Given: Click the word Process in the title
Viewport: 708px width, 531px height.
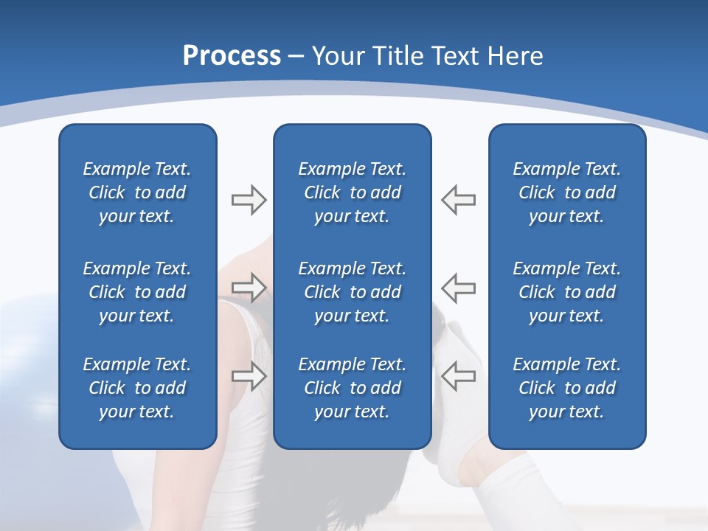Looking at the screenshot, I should pyautogui.click(x=232, y=56).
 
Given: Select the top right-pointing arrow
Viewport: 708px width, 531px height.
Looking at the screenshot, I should pyautogui.click(x=249, y=200).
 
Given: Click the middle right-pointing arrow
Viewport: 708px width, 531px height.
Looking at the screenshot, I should pyautogui.click(x=249, y=288).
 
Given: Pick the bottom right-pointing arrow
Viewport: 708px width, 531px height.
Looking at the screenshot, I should pyautogui.click(x=249, y=375).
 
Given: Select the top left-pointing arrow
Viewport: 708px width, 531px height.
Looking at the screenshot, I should pyautogui.click(x=458, y=200).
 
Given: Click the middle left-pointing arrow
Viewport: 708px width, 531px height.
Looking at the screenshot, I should pyautogui.click(x=458, y=288).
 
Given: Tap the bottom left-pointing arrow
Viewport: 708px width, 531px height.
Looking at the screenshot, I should pyautogui.click(x=458, y=375).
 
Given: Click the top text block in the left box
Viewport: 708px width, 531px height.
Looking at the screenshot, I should pyautogui.click(x=137, y=192).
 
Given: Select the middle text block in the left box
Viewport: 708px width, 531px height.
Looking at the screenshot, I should pyautogui.click(x=137, y=292).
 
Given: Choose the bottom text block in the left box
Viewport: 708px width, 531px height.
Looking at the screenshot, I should pyautogui.click(x=137, y=388).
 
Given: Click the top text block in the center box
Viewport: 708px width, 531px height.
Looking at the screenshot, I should pyautogui.click(x=352, y=192).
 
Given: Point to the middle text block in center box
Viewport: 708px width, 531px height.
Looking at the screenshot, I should pyautogui.click(x=352, y=292).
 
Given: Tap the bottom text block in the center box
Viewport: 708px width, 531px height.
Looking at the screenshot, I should pyautogui.click(x=352, y=388).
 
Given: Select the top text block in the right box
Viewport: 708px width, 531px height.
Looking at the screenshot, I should pyautogui.click(x=566, y=192).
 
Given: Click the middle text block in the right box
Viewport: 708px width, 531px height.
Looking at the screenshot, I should pyautogui.click(x=566, y=292).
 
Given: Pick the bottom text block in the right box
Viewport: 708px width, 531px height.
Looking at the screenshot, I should pyautogui.click(x=566, y=388).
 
